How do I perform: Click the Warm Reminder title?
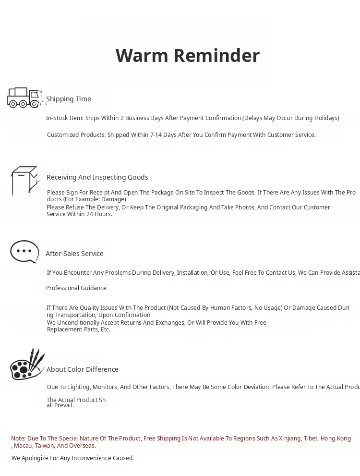pyautogui.click(x=188, y=56)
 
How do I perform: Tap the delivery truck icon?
pyautogui.click(x=24, y=98)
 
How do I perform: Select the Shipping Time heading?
pyautogui.click(x=69, y=99)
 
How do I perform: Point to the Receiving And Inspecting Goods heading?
pyautogui.click(x=97, y=177)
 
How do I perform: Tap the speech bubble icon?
pyautogui.click(x=24, y=251)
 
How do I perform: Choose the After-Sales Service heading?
pyautogui.click(x=74, y=254)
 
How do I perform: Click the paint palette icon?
pyautogui.click(x=27, y=365)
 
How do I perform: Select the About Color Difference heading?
pyautogui.click(x=83, y=369)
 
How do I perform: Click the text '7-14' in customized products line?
pyautogui.click(x=156, y=135)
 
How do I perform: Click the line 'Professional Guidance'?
pyautogui.click(x=76, y=288)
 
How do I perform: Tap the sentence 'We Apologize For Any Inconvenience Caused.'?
pyautogui.click(x=73, y=458)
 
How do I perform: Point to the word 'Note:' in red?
pyautogui.click(x=18, y=439)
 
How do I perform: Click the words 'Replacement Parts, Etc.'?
pyautogui.click(x=79, y=330)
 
